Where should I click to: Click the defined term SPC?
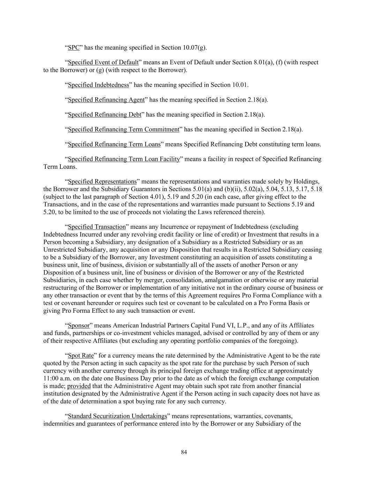[74, 48]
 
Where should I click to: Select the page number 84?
[184, 452]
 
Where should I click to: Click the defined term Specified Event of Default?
[103, 63]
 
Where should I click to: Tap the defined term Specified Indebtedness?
[98, 85]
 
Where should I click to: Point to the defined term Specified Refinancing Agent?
[106, 100]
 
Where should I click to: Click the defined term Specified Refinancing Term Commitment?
[123, 130]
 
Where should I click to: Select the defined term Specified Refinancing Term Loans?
[114, 144]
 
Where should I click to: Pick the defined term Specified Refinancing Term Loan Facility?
[124, 159]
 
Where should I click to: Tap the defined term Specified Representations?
[102, 182]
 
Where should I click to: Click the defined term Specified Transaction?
[97, 227]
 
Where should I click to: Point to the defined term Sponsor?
[78, 326]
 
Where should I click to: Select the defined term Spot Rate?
[81, 356]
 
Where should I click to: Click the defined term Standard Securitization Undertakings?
[118, 416]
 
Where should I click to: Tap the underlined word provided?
[79, 386]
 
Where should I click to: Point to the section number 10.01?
[240, 85]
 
